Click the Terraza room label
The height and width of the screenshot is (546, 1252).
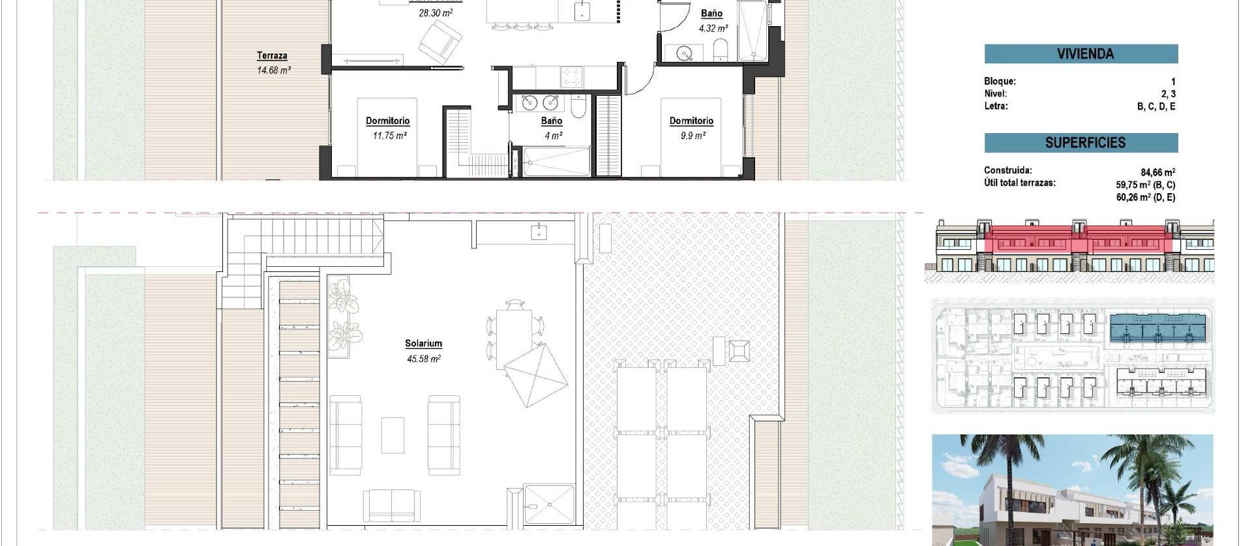click(272, 56)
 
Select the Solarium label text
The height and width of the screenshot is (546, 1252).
click(423, 344)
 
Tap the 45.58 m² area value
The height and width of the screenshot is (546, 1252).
click(423, 359)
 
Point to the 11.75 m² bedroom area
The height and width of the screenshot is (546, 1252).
click(389, 136)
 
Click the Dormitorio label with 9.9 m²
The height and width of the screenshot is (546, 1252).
click(691, 121)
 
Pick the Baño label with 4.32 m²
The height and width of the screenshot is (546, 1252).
click(711, 14)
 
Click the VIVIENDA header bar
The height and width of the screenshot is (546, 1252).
click(1081, 54)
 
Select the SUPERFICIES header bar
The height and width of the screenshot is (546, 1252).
click(1081, 143)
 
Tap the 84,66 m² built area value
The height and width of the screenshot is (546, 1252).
click(1157, 172)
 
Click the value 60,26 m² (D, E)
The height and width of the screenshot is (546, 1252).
click(1145, 197)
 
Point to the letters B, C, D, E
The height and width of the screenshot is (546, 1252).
click(1155, 106)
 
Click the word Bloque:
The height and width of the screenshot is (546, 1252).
click(1000, 82)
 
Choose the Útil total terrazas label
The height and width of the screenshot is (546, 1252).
click(1019, 183)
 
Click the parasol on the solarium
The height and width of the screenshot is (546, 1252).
click(536, 375)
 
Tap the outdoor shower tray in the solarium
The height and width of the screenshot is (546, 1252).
click(548, 504)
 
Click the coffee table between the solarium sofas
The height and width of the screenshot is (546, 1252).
click(393, 435)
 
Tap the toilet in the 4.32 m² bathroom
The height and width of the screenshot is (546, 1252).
click(721, 50)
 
